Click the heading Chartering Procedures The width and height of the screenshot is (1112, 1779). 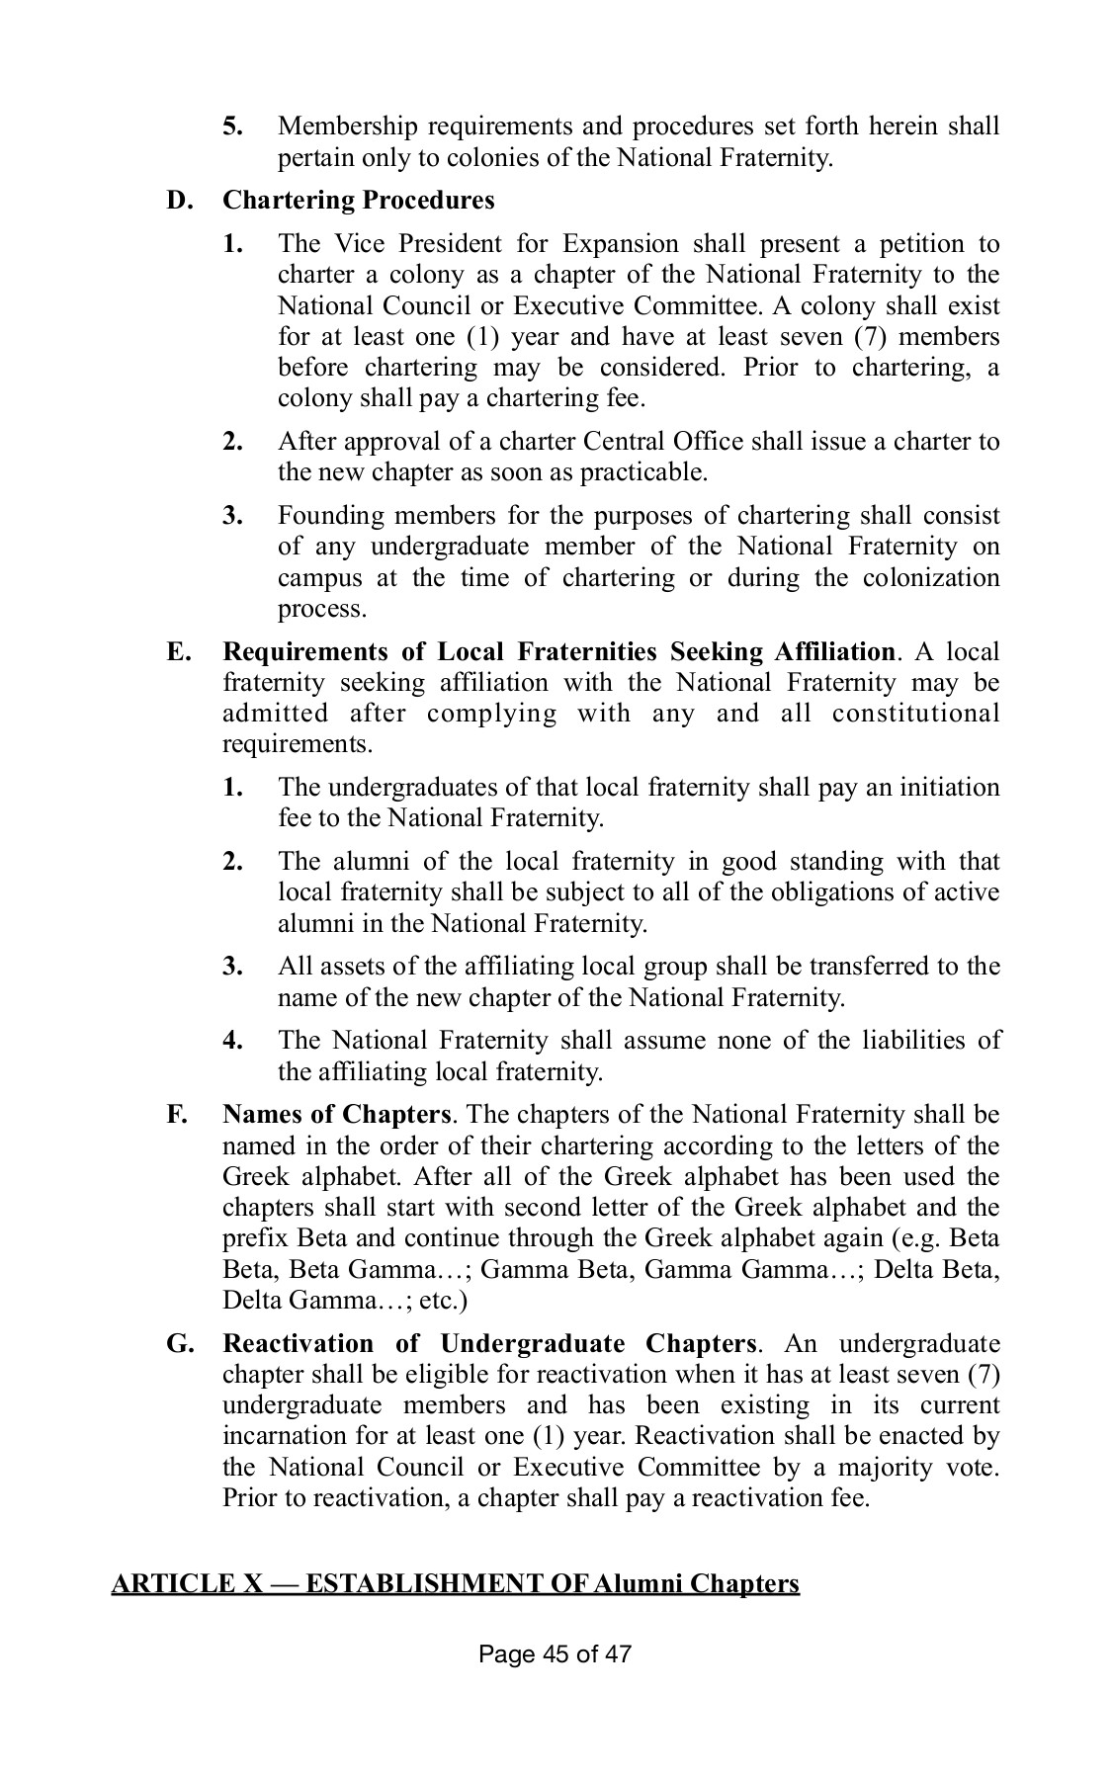(358, 200)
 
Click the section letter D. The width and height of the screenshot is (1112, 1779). (178, 200)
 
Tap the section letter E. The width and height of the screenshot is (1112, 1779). (177, 652)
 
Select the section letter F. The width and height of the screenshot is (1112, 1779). (177, 1115)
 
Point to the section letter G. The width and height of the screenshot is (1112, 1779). (178, 1344)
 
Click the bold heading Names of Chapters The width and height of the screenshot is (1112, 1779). (337, 1115)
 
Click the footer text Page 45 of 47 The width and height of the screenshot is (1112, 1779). (555, 1681)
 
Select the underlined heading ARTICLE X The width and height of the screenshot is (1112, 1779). (455, 1584)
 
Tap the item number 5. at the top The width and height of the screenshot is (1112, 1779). (233, 127)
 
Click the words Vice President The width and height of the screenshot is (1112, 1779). (413, 244)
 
